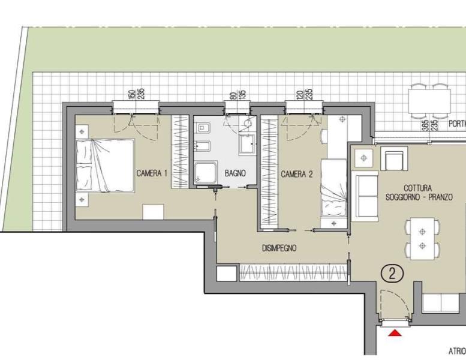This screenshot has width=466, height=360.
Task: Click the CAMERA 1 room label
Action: [x=152, y=173]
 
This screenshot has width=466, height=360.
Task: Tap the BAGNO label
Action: [x=235, y=173]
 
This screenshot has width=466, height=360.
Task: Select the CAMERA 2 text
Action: [x=297, y=174]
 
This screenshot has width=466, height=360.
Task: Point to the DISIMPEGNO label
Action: [x=279, y=248]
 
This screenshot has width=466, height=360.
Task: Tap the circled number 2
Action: [x=392, y=274]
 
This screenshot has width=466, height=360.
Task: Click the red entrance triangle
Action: [x=395, y=333]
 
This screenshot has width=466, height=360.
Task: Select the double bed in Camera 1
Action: [x=105, y=166]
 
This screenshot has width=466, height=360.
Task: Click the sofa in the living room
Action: [x=365, y=196]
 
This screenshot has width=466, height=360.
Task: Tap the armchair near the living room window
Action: [x=394, y=158]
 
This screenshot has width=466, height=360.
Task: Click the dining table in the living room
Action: [x=422, y=239]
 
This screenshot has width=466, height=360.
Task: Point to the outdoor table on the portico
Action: [x=429, y=101]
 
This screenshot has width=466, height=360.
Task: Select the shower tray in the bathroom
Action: [x=206, y=173]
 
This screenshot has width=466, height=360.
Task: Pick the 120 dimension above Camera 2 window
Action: [x=300, y=95]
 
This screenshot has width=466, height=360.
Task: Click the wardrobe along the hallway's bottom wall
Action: [x=293, y=272]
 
